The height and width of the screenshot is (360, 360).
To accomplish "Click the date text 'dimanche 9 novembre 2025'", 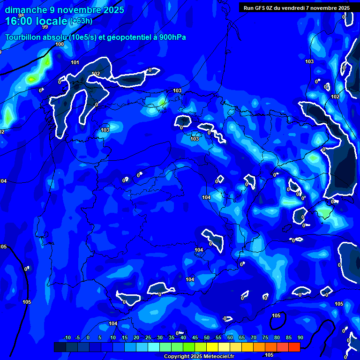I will pyautogui.click(x=64, y=10).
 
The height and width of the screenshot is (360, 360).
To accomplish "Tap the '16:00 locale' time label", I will pyautogui.click(x=37, y=21).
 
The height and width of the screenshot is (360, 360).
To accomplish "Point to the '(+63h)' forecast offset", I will pyautogui.click(x=81, y=21).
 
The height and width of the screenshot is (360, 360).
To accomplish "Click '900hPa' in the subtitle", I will pyautogui.click(x=172, y=37).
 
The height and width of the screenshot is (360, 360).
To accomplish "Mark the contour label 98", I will pyautogui.click(x=21, y=15).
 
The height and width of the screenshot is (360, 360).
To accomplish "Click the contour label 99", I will pyautogui.click(x=45, y=27).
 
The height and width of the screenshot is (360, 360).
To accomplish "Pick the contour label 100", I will pyautogui.click(x=60, y=45).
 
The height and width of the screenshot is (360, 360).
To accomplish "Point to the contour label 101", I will pyautogui.click(x=75, y=63).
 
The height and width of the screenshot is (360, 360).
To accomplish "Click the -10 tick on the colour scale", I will pyautogui.click(x=67, y=338).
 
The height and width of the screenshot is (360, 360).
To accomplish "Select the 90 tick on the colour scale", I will pyautogui.click(x=300, y=338).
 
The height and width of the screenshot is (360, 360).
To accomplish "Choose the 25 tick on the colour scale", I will pyautogui.click(x=148, y=338).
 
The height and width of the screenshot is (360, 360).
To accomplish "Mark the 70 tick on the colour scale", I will pyautogui.click(x=254, y=338).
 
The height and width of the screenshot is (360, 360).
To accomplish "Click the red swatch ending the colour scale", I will pyautogui.click(x=294, y=347).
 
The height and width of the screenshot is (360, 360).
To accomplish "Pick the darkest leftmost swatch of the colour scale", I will pyautogui.click(x=60, y=347).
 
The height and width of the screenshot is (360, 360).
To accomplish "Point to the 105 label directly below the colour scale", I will pyautogui.click(x=270, y=354).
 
